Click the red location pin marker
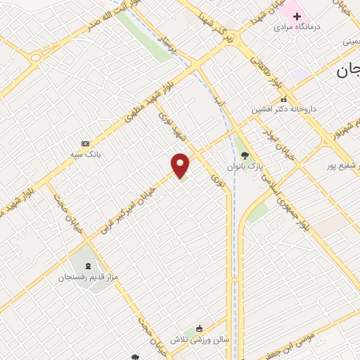tap(181, 165)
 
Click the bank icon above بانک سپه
tap(86, 143)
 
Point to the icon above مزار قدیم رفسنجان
tap(87, 266)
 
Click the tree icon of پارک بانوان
tap(245, 155)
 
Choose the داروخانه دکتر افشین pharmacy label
tap(285, 110)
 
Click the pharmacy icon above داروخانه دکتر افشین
tap(283, 100)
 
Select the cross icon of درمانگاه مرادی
tap(296, 15)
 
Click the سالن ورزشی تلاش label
tap(203, 339)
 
